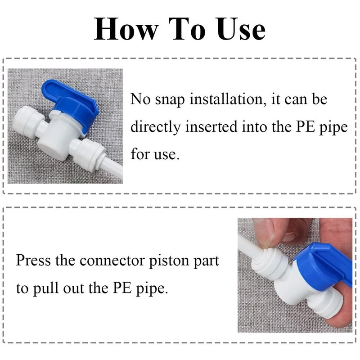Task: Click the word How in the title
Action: tap(126, 29)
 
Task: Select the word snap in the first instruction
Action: tap(170, 100)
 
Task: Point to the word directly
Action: tap(155, 127)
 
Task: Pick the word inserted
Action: tap(211, 126)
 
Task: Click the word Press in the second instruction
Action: tap(33, 260)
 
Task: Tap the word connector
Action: tap(112, 261)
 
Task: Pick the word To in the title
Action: tap(187, 29)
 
